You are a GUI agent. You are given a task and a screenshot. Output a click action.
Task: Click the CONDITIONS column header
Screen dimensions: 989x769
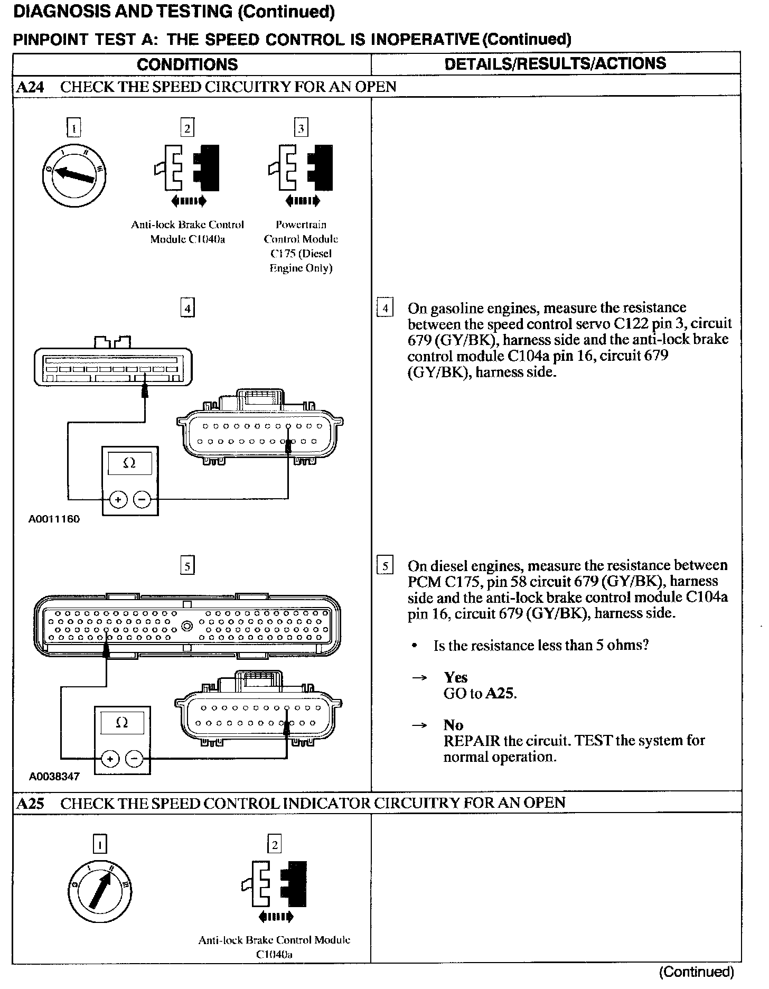pos(187,64)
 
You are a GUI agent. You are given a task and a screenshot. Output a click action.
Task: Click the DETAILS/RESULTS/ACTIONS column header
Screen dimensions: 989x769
pos(555,63)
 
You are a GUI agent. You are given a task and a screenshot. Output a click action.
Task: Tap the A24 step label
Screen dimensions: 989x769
pos(30,87)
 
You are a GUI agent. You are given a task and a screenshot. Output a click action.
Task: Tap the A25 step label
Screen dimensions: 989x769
pos(30,804)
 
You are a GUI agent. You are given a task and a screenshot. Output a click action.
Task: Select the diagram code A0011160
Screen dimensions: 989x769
pos(54,519)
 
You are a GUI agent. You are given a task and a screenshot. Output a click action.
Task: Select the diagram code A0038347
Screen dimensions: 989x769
pos(54,776)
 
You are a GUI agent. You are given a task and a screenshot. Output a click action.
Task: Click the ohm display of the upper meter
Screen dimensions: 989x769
pos(129,463)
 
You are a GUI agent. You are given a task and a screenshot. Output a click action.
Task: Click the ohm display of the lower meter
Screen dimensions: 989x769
pos(122,723)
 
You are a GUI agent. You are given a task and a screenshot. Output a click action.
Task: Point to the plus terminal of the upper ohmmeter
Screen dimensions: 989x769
pos(118,499)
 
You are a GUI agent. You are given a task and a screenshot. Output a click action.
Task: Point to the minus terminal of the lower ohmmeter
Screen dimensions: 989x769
pos(135,759)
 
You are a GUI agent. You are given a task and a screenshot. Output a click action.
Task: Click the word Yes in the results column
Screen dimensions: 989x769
pos(456,677)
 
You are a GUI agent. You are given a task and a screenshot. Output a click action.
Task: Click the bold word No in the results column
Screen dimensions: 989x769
pos(453,725)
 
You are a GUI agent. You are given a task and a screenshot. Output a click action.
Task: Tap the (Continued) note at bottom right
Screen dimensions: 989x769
pos(697,971)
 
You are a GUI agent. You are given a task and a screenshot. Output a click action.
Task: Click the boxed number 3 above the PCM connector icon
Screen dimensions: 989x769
pos(301,128)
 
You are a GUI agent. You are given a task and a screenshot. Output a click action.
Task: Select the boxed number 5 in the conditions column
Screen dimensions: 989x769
pos(187,566)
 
